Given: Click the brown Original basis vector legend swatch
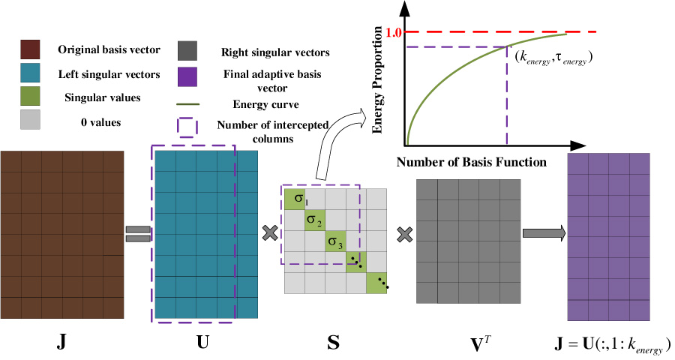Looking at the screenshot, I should pos(30,50).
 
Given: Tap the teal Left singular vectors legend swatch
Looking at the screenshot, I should pos(30,74).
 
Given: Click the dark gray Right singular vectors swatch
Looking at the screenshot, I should pos(187,50).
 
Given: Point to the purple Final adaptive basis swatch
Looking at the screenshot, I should pos(187,75).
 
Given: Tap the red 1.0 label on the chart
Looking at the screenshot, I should pos(394,32).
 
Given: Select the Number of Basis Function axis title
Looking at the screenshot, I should pos(470,161).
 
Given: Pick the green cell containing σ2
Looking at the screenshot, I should pos(315,220).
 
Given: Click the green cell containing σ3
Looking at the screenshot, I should pos(335,241).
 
